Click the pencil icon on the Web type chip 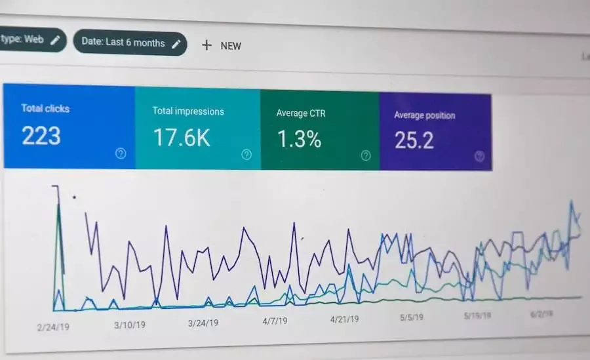point(55,39)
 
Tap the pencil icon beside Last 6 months point(176,43)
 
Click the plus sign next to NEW point(206,45)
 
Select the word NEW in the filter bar point(231,46)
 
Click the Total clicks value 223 point(41,136)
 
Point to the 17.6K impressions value point(182,138)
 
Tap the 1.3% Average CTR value point(299,139)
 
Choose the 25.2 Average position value point(414,140)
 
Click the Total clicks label point(45,108)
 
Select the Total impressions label point(188,111)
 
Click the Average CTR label point(301,113)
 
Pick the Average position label point(424,115)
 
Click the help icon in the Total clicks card point(121,153)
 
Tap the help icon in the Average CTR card point(366,155)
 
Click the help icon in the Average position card point(479,156)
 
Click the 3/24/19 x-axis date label point(204,323)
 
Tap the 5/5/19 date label point(411,317)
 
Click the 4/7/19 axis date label point(275,321)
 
